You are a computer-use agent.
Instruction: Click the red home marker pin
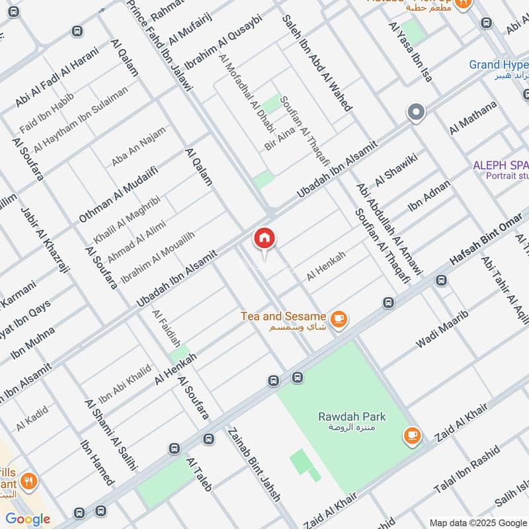pyautogui.click(x=264, y=239)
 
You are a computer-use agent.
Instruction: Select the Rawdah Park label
pyautogui.click(x=351, y=422)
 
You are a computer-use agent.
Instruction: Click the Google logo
pyautogui.click(x=28, y=518)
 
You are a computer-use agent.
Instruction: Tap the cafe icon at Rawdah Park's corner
pyautogui.click(x=412, y=435)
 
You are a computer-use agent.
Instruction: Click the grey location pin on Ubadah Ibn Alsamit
pyautogui.click(x=416, y=112)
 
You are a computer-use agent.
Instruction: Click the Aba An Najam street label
pyautogui.click(x=139, y=145)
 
